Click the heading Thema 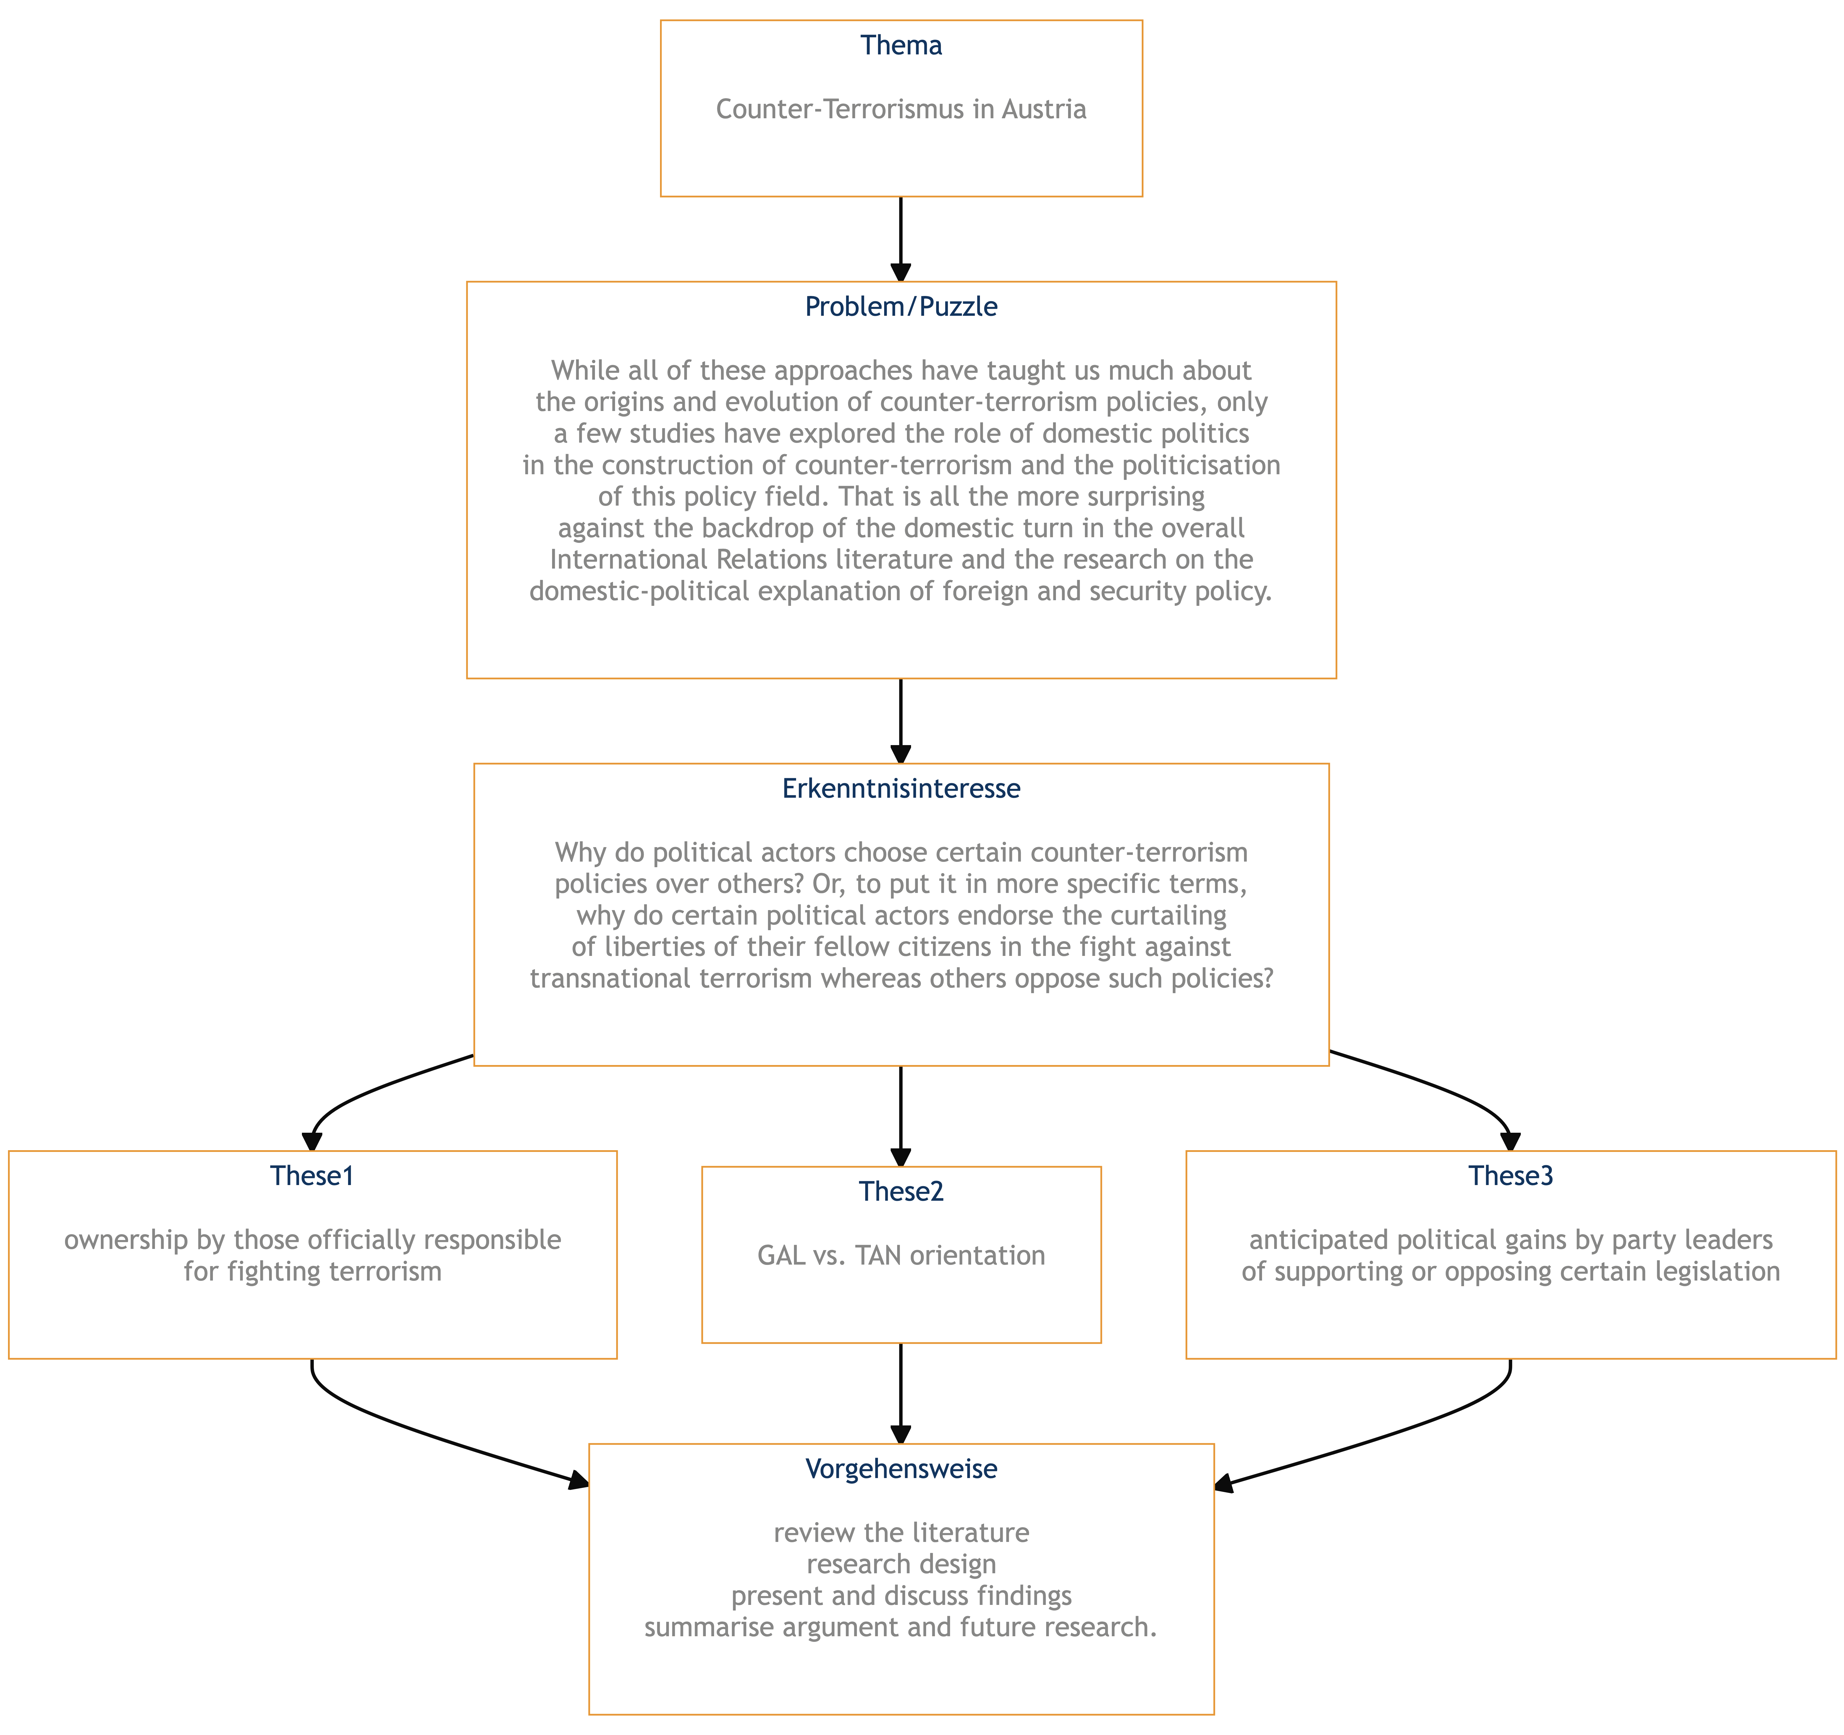[x=901, y=46]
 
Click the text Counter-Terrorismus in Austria [x=901, y=109]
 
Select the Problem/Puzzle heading [x=901, y=307]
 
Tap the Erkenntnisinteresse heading [x=901, y=788]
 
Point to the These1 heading [x=313, y=1176]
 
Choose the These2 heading [x=901, y=1192]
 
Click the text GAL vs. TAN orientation [x=901, y=1256]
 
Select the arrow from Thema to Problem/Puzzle [x=901, y=239]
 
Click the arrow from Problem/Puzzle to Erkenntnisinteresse [x=901, y=721]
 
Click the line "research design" [x=901, y=1564]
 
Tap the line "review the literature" [x=901, y=1533]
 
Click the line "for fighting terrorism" [x=313, y=1271]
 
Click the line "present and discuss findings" [x=901, y=1596]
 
